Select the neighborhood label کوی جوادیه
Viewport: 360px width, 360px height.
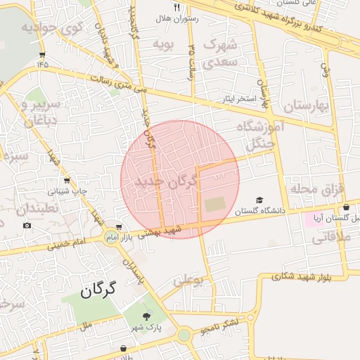pyautogui.click(x=52, y=28)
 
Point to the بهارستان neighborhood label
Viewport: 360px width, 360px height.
pyautogui.click(x=307, y=106)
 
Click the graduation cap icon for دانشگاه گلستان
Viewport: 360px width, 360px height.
pyautogui.click(x=259, y=200)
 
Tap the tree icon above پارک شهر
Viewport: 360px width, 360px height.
pyautogui.click(x=147, y=317)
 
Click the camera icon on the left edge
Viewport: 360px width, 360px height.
pyautogui.click(x=27, y=225)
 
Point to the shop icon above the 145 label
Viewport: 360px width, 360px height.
pyautogui.click(x=43, y=55)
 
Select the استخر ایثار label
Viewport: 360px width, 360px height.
pyautogui.click(x=239, y=98)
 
